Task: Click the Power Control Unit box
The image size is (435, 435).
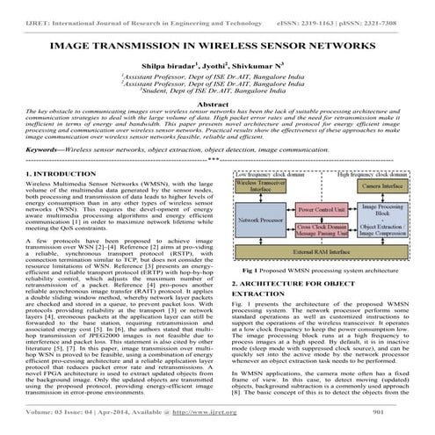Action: tap(323, 212)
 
